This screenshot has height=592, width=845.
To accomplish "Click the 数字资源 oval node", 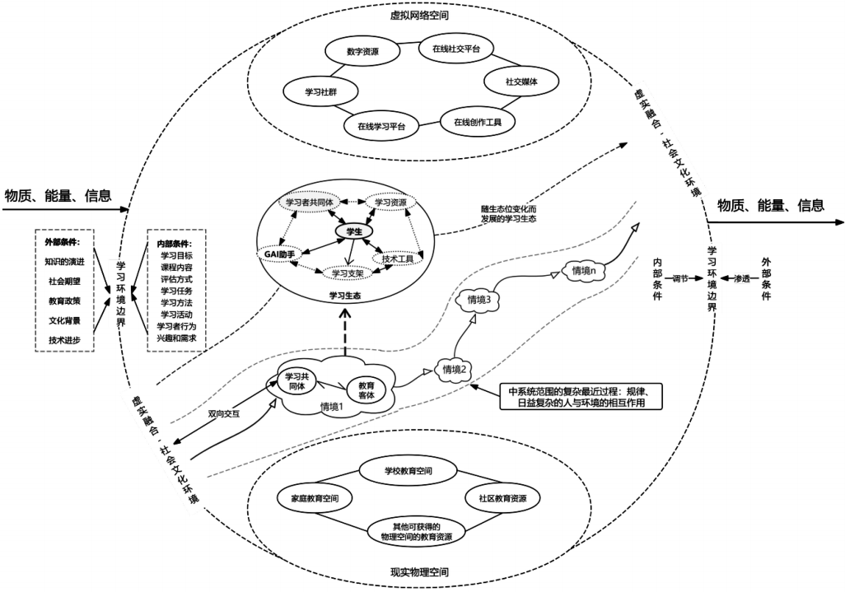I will coord(364,51).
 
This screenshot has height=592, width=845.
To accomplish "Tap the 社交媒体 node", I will coord(521,82).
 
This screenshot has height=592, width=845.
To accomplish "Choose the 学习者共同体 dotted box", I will coord(309,202).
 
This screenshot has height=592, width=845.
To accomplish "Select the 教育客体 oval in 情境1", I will coord(366,389).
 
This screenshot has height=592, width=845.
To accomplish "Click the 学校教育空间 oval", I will coord(408,471).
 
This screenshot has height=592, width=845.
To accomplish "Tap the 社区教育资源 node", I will coord(497,499).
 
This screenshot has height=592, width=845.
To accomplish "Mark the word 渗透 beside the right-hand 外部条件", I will coord(742,278).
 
